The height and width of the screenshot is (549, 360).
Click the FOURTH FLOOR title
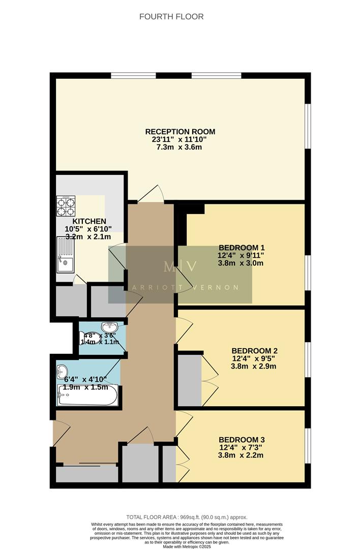point(171,17)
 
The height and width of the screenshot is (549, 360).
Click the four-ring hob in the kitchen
point(66,206)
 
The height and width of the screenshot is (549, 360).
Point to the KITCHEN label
point(89,221)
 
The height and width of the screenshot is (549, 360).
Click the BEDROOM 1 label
point(241,248)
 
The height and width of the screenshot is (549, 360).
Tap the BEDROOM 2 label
point(254,351)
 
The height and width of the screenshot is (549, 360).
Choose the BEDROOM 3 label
point(241,440)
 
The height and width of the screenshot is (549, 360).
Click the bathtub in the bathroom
point(88,395)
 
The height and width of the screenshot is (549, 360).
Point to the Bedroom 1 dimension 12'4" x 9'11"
point(241,256)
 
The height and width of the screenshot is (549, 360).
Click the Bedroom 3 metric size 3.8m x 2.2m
point(241,455)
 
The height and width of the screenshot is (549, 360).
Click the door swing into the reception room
point(153,194)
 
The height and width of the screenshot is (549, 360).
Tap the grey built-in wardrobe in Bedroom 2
point(190,380)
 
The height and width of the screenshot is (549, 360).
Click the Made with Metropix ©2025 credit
point(180,546)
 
